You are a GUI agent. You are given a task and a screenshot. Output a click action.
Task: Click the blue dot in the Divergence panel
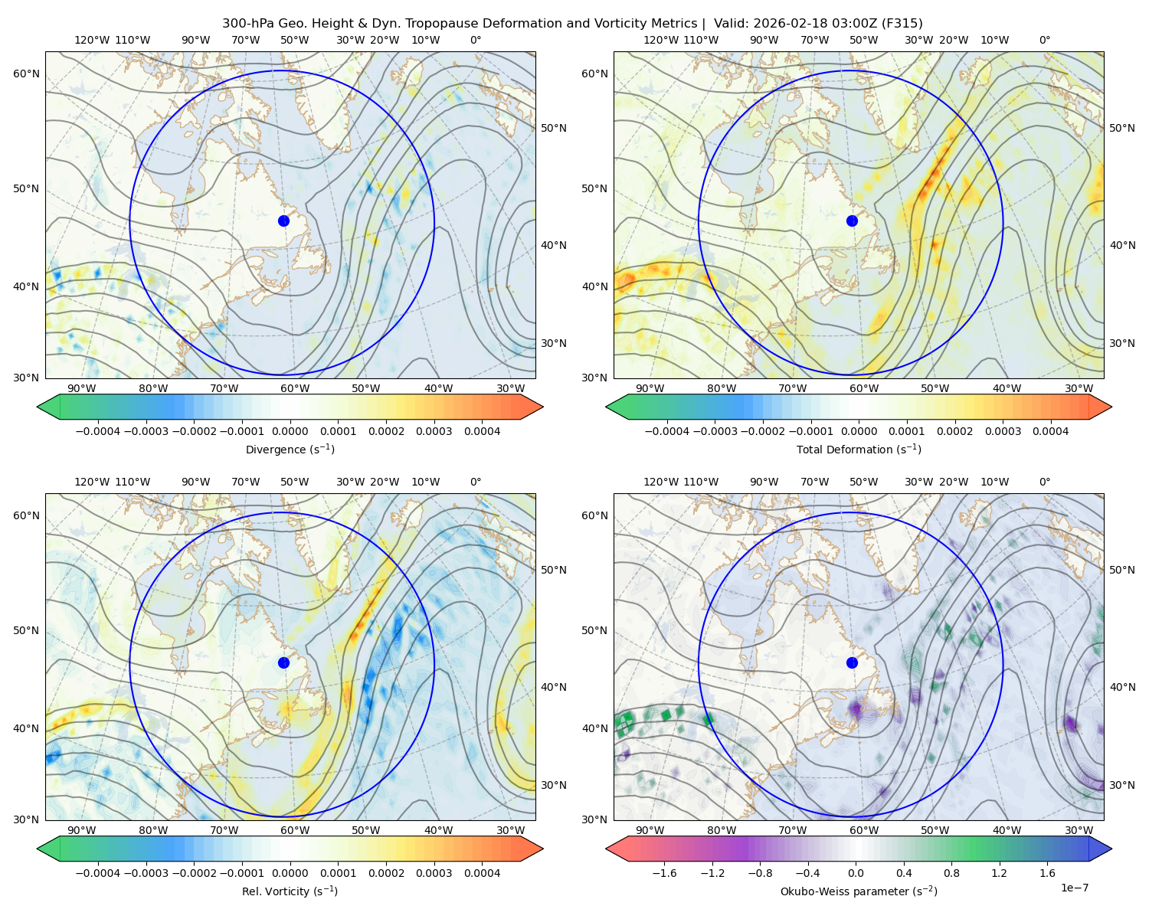click(x=283, y=221)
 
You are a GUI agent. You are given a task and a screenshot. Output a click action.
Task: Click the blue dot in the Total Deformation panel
click(x=852, y=221)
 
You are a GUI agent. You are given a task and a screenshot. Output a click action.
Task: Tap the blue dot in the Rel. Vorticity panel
click(x=283, y=662)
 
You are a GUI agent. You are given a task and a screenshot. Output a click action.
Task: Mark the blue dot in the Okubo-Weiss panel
click(x=852, y=662)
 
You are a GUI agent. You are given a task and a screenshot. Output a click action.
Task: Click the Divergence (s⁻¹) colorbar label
click(x=290, y=450)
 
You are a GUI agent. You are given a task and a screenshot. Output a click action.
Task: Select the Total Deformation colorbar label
click(x=859, y=450)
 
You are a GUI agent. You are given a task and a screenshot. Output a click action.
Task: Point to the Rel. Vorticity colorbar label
click(x=290, y=891)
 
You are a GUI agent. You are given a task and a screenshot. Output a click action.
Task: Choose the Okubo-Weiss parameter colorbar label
click(x=859, y=891)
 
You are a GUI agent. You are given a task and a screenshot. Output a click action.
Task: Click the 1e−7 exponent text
click(x=1075, y=888)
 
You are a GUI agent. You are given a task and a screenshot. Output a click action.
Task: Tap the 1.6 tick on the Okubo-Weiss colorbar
click(x=1048, y=873)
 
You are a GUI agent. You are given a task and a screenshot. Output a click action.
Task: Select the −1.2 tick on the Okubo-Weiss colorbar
click(x=712, y=873)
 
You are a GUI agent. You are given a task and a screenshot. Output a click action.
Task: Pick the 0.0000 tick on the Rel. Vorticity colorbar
click(x=290, y=873)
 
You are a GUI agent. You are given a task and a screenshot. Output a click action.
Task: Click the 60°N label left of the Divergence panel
click(x=26, y=74)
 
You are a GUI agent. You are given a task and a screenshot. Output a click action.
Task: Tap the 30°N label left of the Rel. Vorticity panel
click(x=26, y=819)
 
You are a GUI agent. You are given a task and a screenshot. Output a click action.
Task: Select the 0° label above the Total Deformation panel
click(x=1045, y=41)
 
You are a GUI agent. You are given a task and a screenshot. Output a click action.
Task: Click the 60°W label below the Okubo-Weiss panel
click(x=863, y=830)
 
